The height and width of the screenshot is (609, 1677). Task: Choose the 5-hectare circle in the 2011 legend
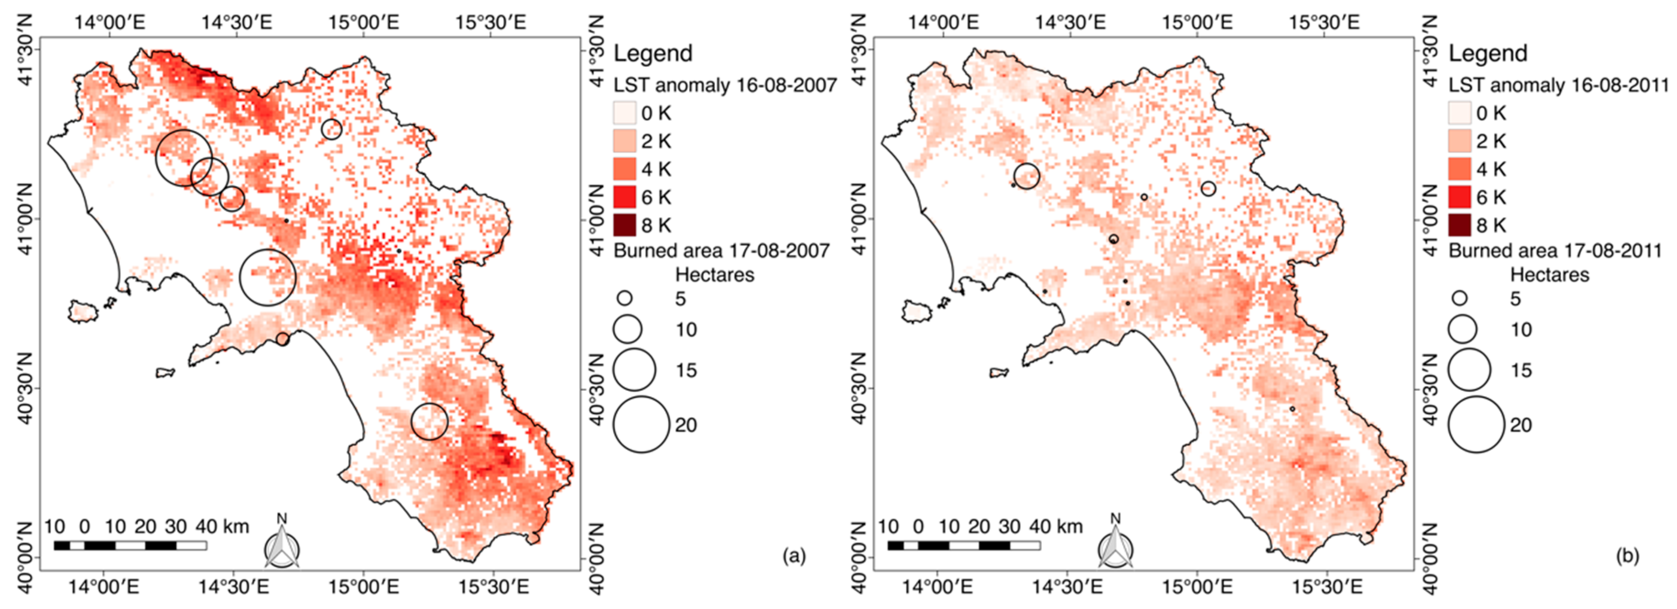point(1460,298)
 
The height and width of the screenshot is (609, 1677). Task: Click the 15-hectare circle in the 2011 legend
point(1469,370)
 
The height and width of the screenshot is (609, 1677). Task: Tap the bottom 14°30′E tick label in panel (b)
point(1070,587)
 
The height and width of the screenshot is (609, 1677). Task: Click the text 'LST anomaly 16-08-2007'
point(725,85)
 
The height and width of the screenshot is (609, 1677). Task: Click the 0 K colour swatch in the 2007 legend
point(624,113)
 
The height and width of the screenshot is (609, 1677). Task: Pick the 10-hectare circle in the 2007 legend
point(628,329)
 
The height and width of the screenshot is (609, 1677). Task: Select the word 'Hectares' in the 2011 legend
point(1549,275)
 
